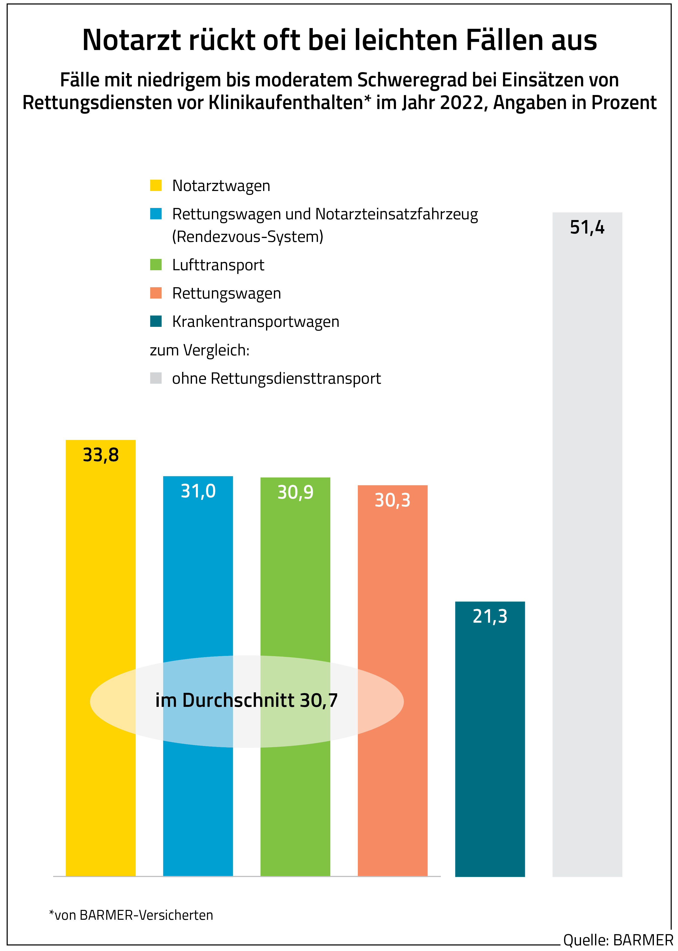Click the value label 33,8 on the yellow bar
coord(101,455)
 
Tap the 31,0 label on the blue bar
coord(198,491)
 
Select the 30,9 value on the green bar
coord(295,493)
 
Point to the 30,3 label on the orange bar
coord(393,500)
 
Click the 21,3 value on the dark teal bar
coord(490,617)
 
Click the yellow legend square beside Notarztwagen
coord(156,185)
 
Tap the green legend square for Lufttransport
coord(156,265)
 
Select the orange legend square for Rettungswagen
coord(156,293)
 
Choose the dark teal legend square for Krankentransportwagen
coord(156,321)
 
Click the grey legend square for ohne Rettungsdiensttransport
coord(156,378)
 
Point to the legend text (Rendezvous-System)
coord(248,237)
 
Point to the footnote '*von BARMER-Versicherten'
coord(131,915)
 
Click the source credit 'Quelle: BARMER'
coord(618,940)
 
